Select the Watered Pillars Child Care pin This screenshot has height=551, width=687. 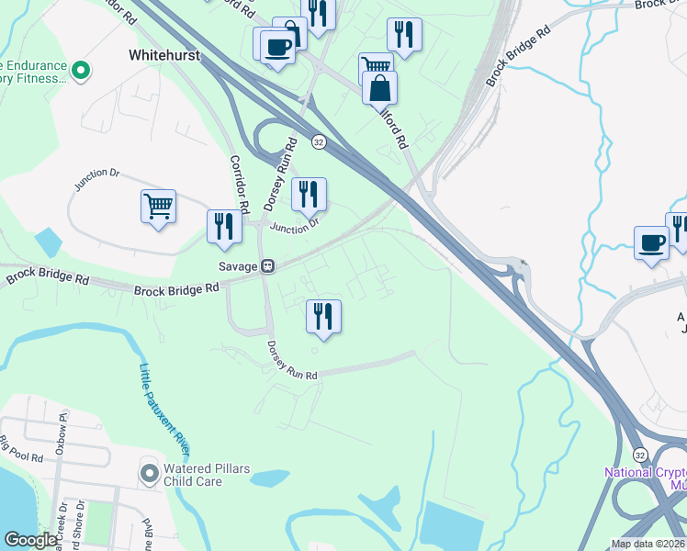(x=149, y=473)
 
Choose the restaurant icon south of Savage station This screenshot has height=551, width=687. (x=323, y=316)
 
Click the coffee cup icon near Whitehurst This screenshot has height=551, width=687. (x=276, y=47)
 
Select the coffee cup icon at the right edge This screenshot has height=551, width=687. (x=651, y=243)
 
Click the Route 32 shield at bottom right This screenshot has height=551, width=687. (x=640, y=455)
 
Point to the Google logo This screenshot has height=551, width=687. (x=30, y=540)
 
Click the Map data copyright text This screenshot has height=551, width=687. (x=648, y=544)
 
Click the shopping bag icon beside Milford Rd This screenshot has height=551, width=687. (x=379, y=88)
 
